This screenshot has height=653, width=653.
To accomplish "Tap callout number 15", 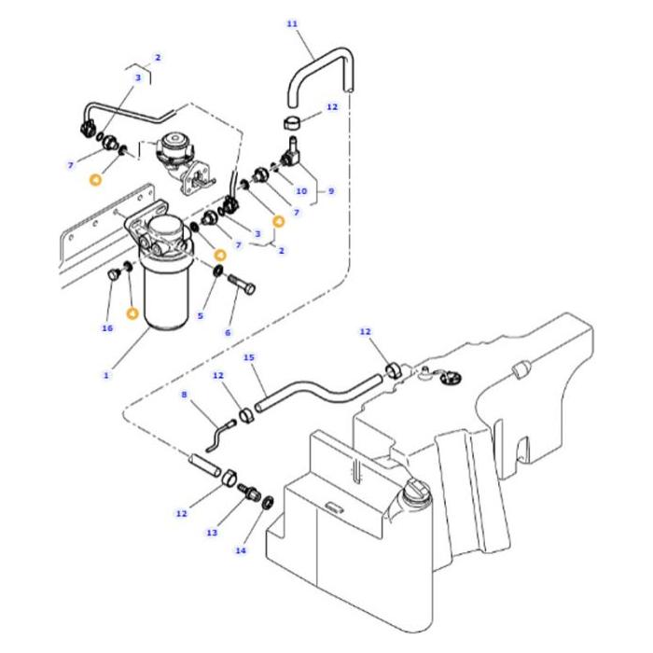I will [x=248, y=356].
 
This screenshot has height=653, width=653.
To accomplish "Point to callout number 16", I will [x=107, y=327].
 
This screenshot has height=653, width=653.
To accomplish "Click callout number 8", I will [x=186, y=395].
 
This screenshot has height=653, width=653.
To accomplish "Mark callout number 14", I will [x=241, y=549].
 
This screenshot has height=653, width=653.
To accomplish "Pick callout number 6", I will [x=227, y=332].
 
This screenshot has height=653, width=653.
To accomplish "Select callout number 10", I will [x=300, y=191].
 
